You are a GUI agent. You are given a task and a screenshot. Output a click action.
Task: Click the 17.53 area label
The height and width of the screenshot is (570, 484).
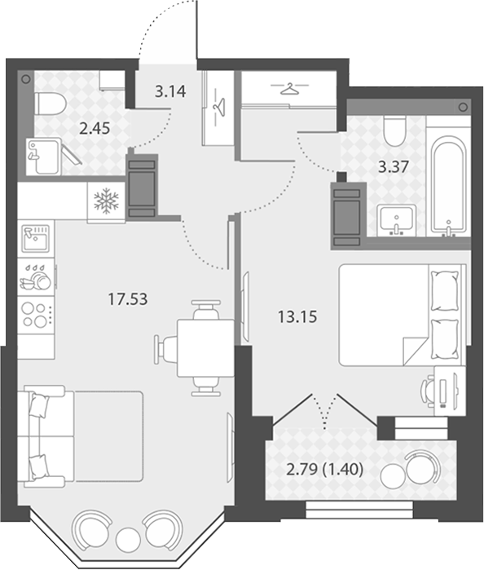[128, 299]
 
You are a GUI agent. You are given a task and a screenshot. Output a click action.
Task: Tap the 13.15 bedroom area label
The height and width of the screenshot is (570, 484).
[297, 316]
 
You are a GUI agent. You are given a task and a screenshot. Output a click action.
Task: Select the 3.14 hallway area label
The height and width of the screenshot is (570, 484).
[170, 91]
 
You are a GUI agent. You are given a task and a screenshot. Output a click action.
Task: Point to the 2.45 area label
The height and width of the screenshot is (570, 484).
[95, 128]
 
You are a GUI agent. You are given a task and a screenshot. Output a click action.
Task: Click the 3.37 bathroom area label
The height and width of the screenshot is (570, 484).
[394, 167]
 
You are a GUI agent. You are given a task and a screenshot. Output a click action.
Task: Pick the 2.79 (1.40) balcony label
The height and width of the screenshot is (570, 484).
[325, 470]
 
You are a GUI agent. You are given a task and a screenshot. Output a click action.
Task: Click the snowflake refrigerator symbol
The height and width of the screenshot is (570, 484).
[106, 201]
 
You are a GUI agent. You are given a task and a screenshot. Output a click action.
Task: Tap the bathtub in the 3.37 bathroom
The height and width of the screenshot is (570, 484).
[448, 186]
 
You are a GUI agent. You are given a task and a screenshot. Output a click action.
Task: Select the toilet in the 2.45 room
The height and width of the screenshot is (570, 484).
[51, 104]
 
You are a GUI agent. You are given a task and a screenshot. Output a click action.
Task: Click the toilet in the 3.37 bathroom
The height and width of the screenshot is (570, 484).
[394, 130]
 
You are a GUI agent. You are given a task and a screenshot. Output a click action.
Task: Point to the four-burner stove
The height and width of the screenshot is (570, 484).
[36, 315]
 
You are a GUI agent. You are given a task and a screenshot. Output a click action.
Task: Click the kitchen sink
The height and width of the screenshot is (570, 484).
[36, 238]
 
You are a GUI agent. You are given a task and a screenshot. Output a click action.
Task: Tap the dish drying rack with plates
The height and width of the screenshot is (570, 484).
[36, 277]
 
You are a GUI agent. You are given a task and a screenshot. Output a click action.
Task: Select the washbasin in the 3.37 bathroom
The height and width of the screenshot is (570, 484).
[397, 220]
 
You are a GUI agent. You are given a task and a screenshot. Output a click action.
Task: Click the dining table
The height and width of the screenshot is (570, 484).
[205, 348]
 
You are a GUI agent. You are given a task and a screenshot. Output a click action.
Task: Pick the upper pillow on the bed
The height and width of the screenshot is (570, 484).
[444, 291]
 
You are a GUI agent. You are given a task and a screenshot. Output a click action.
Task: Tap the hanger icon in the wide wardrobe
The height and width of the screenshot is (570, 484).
[289, 88]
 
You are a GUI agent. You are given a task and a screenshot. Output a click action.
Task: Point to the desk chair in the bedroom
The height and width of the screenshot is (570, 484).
[428, 389]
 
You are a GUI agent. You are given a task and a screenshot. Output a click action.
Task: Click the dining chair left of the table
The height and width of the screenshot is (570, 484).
[165, 349]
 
